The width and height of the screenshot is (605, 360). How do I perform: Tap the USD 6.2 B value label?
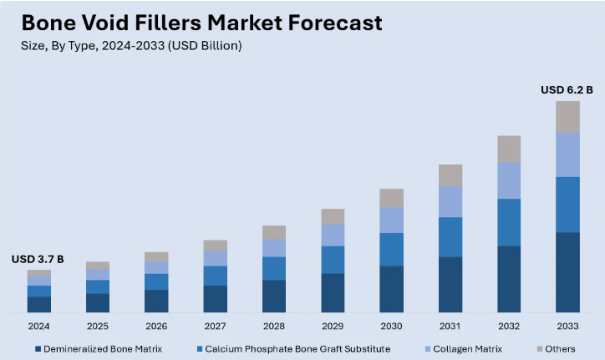[x=567, y=90]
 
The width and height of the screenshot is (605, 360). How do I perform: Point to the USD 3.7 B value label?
[x=38, y=260]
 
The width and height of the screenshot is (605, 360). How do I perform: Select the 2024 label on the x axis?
[x=38, y=327]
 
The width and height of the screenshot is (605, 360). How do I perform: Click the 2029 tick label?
[x=333, y=327]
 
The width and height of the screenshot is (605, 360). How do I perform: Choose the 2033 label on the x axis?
[x=567, y=327]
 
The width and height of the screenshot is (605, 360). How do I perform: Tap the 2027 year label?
[x=215, y=327]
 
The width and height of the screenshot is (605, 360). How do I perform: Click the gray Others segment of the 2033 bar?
[x=567, y=117]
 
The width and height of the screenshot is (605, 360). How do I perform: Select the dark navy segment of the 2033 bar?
[x=567, y=272]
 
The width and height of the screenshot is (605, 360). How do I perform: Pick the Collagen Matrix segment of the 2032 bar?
[x=509, y=180]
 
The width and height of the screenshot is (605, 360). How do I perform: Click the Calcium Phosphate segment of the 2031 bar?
[x=450, y=236]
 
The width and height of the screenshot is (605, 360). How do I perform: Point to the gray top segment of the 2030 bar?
[x=391, y=198]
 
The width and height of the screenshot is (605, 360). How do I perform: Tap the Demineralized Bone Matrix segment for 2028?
[x=274, y=296]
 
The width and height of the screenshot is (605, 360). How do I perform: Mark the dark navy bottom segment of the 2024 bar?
[x=38, y=304]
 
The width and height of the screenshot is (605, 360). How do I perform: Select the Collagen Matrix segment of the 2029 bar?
[x=333, y=235]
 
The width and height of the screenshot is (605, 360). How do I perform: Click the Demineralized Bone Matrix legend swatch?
[x=38, y=348]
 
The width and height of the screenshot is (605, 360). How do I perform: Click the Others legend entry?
[x=559, y=348]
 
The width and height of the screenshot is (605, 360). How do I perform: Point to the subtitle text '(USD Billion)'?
[x=206, y=46]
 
